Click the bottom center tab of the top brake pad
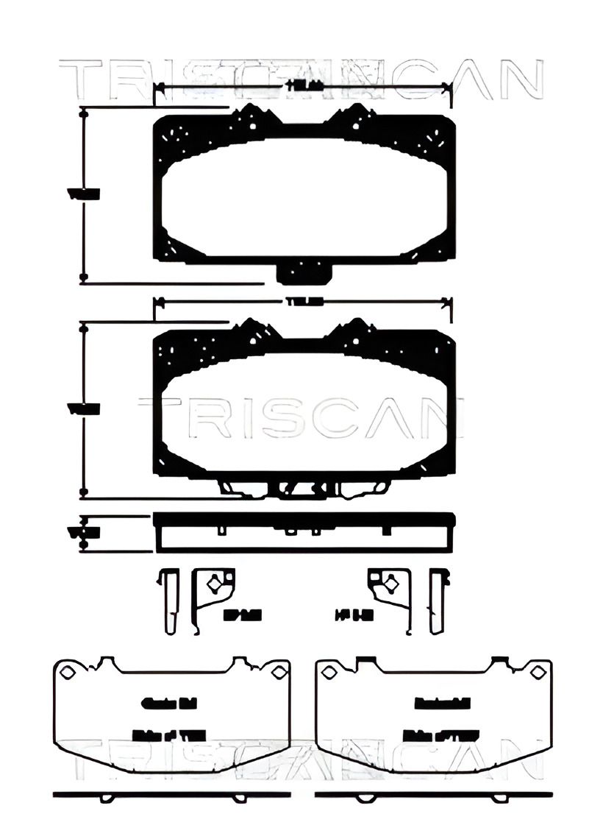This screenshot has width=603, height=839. pyautogui.click(x=304, y=273)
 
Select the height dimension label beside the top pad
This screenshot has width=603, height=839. pyautogui.click(x=83, y=194)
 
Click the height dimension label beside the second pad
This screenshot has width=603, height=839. pyautogui.click(x=83, y=408)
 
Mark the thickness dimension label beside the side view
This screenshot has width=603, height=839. pyautogui.click(x=83, y=531)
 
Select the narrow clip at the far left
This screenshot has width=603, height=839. pyautogui.click(x=168, y=601)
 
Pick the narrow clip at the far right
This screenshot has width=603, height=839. pyautogui.click(x=439, y=601)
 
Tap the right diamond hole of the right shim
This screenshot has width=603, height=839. pyautogui.click(x=541, y=671)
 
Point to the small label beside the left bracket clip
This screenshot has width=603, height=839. pyautogui.click(x=232, y=613)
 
